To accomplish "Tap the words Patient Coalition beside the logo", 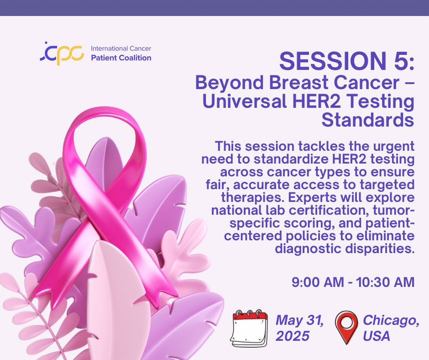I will (x=121, y=58).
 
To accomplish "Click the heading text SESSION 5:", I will (x=346, y=61).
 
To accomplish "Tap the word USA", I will (x=377, y=336).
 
